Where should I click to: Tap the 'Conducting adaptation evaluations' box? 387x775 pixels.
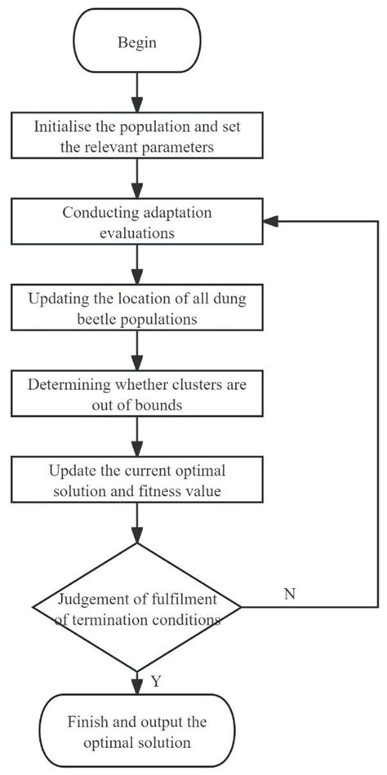[136, 221]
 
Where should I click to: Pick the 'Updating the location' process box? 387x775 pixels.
[136, 307]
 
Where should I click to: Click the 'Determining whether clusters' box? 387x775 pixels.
[136, 392]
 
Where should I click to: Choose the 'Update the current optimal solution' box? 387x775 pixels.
[136, 478]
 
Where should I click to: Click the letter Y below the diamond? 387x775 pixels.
[154, 681]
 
